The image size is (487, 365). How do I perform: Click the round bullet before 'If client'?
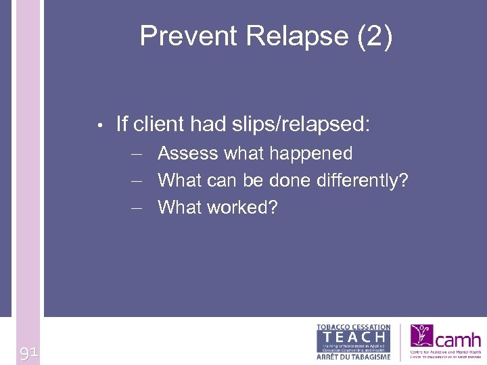tap(99, 125)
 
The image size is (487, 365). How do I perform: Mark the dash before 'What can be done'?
tap(138, 181)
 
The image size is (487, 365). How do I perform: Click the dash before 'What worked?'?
tap(138, 208)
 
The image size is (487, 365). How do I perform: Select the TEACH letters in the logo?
tap(353, 337)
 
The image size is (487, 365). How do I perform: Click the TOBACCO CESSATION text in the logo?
tap(353, 327)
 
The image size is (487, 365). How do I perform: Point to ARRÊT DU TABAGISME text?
tap(353, 356)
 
